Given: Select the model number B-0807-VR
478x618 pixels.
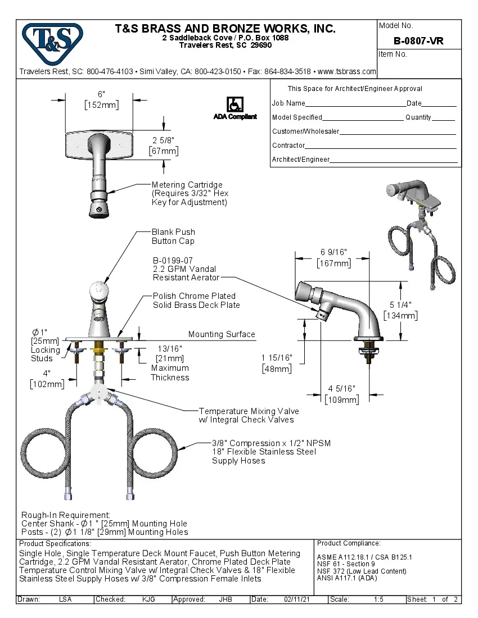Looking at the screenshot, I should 418,41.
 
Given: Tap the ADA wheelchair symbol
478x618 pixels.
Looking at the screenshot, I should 235,104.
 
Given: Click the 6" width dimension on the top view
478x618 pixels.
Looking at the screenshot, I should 101,94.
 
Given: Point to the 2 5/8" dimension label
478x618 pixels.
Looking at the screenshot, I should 164,140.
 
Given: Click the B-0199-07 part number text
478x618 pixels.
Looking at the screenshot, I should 173,261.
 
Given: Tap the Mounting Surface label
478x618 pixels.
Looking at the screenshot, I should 222,334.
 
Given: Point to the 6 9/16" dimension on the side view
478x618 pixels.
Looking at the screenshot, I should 333,253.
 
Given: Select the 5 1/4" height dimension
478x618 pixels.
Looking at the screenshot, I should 400,305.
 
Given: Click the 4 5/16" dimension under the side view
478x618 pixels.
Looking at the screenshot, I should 341,389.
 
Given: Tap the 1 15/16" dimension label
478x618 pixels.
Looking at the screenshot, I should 276,358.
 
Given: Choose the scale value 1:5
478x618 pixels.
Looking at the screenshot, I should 378,599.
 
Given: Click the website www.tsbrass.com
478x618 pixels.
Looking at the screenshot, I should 347,71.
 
